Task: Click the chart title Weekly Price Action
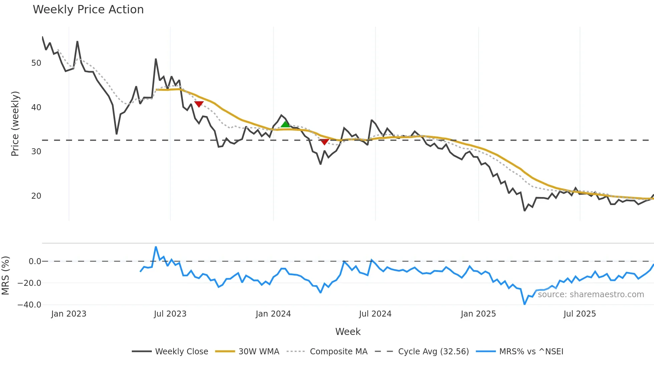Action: (88, 10)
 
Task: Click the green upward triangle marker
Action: (285, 125)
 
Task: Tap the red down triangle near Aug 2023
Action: (199, 104)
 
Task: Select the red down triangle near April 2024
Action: (324, 142)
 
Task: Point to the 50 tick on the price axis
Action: (36, 63)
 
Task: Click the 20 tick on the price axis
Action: (36, 196)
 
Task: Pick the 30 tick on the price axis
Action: (36, 152)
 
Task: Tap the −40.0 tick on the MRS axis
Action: (29, 305)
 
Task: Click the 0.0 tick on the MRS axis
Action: (35, 261)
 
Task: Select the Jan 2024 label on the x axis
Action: (273, 314)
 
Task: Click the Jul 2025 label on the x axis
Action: (580, 314)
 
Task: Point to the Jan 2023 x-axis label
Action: (69, 314)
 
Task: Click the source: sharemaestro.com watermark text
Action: (591, 295)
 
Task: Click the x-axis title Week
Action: (348, 332)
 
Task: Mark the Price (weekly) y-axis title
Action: (15, 124)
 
